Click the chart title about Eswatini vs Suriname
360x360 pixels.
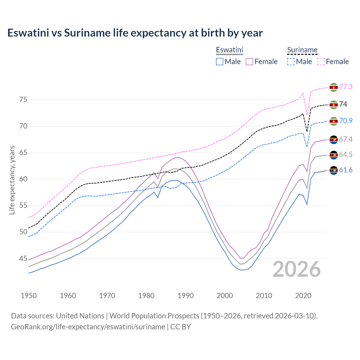(x=135, y=33)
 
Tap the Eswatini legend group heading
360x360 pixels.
(x=229, y=50)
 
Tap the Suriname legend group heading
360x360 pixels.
(x=302, y=50)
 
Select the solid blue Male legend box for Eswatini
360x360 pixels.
(x=220, y=62)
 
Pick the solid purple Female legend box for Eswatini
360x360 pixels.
(x=249, y=62)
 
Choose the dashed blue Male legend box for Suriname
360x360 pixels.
(x=291, y=62)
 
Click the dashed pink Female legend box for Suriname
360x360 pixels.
(x=321, y=62)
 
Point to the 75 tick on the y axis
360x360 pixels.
(x=23, y=100)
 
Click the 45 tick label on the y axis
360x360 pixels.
(x=23, y=258)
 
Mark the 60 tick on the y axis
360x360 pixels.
(x=23, y=179)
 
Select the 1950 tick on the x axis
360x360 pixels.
(x=29, y=296)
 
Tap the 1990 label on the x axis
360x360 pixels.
(x=186, y=296)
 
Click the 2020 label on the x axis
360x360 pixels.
(x=303, y=296)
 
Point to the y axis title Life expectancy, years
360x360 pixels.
(x=12, y=180)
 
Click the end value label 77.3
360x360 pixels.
(x=346, y=87)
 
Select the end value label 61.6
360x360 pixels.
(x=346, y=170)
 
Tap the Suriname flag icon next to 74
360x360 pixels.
(x=334, y=105)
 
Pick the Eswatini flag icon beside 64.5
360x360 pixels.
(x=334, y=155)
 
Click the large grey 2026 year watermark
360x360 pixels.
(x=297, y=269)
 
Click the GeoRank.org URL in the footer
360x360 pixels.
(x=88, y=327)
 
